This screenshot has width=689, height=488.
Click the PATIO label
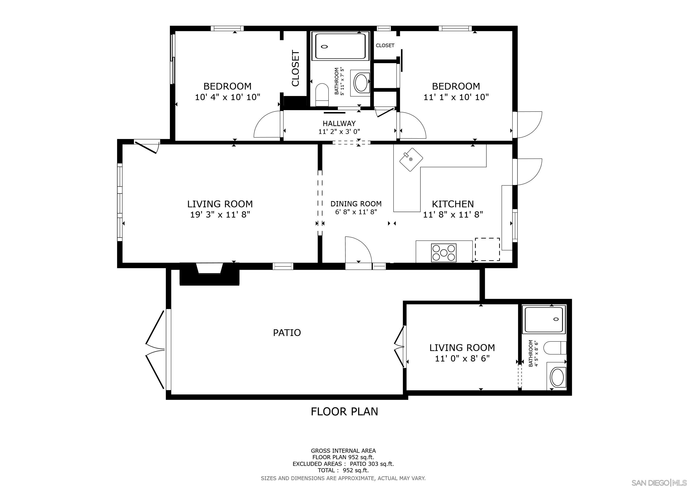287,333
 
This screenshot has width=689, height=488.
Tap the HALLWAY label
339,123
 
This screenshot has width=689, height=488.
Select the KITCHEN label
453,204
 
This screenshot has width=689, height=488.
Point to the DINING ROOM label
356,204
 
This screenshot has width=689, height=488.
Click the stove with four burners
443,252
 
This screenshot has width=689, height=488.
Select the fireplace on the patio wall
209,274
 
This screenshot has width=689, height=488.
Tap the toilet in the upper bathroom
322,95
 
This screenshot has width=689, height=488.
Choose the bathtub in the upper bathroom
340,46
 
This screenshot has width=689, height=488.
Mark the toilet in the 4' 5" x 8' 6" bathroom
555,348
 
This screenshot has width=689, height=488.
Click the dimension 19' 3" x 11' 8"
220,215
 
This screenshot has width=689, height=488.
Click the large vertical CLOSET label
295,69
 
